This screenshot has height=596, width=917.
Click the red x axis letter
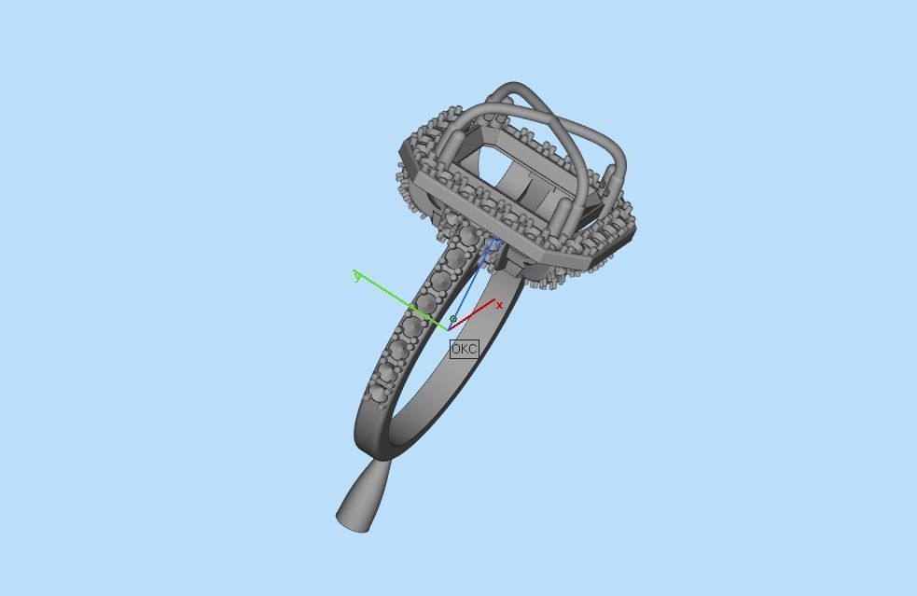point(500,305)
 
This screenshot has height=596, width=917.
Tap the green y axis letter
point(357,274)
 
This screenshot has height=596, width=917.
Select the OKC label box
point(464,349)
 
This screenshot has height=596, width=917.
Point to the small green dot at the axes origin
point(453,319)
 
